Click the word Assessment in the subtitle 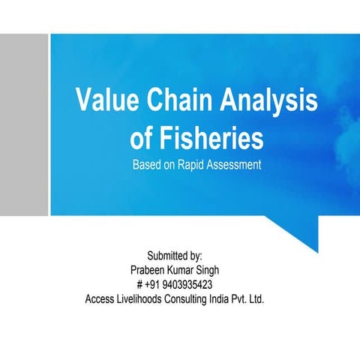point(235,164)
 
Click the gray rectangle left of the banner point(23,124)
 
